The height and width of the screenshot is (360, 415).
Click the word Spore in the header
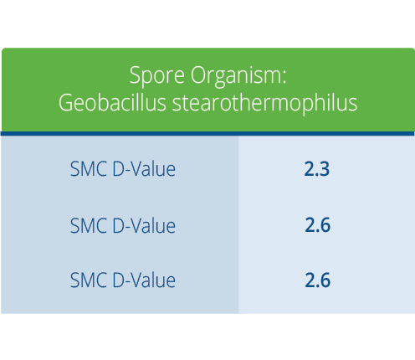157,76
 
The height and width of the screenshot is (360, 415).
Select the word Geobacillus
112,102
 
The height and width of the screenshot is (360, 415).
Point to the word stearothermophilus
264,103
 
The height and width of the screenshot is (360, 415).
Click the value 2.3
317,169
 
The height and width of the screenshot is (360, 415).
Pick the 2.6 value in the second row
318,225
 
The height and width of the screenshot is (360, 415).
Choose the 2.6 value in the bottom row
318,280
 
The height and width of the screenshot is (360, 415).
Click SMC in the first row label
89,169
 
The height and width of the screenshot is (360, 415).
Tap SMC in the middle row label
89,226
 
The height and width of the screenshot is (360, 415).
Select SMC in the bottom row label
89,280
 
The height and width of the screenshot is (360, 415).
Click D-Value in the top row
144,168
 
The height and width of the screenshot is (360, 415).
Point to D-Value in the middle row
144,225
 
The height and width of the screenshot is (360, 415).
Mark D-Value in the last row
144,280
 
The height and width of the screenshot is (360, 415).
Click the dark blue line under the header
207,134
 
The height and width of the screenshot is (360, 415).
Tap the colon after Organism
284,77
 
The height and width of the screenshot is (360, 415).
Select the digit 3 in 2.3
324,169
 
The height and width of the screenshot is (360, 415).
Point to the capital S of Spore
135,75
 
